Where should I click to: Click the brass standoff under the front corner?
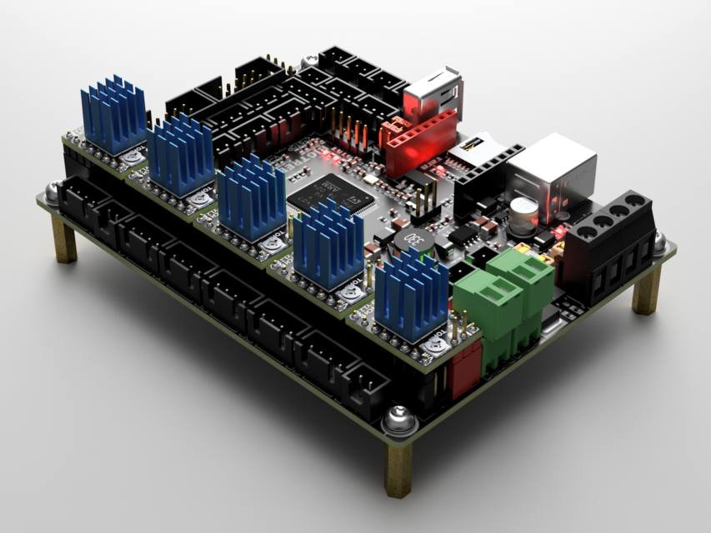[398, 468]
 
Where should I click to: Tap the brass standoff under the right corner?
[646, 288]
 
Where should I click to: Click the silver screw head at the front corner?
[398, 418]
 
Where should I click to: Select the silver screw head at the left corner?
[52, 193]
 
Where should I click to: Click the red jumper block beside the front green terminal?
[463, 367]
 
